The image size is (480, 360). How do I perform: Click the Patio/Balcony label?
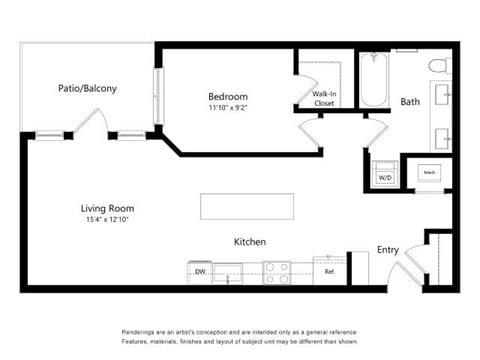point(87,88)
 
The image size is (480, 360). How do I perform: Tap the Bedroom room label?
point(227,96)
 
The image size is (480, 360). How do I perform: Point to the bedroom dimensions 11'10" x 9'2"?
point(227,107)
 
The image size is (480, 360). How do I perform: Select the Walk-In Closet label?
point(323,98)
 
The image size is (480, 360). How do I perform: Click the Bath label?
point(410,102)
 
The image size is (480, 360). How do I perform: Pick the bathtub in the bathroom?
point(374,80)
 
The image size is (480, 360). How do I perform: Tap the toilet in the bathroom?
point(439,66)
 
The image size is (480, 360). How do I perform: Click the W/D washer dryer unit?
point(385,174)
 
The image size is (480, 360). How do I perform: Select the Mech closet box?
point(428,172)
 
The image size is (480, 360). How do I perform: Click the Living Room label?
point(106,208)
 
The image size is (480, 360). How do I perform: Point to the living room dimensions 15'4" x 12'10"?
point(106,219)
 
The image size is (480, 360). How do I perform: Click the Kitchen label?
point(249,242)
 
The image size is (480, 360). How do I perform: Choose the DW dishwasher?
point(200,271)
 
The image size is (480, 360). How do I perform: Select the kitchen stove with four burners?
point(276,271)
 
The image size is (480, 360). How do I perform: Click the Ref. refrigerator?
point(328,271)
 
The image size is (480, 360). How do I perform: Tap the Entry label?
point(387,250)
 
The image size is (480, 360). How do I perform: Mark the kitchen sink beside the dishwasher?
point(228,271)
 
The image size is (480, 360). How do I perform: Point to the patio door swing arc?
point(91,121)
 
